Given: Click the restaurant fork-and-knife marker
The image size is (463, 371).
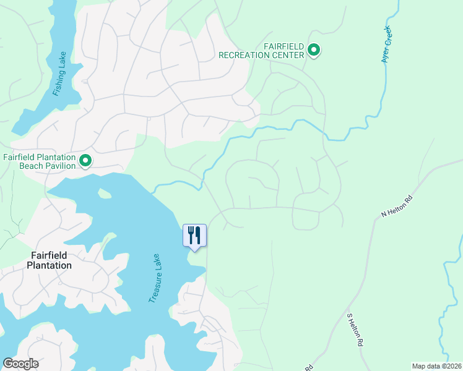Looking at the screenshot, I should (195, 236).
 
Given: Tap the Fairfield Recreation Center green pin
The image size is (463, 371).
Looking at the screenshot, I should (314, 50).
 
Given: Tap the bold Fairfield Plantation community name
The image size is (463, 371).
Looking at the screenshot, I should (49, 260).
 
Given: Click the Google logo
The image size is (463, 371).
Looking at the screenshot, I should (20, 364).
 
